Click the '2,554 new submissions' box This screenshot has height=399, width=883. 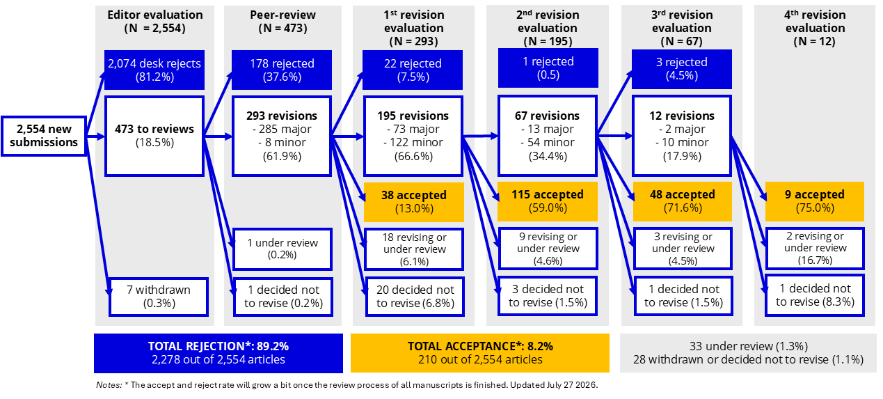[x=44, y=136]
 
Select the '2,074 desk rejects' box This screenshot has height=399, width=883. [x=154, y=70]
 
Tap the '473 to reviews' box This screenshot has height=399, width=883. [x=154, y=136]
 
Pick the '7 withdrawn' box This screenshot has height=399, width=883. [x=159, y=297]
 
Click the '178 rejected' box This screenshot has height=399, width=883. [x=282, y=70]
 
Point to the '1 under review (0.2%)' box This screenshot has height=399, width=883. [x=283, y=249]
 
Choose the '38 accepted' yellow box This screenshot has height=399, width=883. [x=413, y=202]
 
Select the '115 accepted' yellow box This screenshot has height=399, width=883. [x=548, y=201]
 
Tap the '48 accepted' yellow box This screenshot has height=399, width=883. [x=683, y=201]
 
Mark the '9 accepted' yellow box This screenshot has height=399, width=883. [x=815, y=201]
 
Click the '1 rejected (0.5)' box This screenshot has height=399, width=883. [x=548, y=68]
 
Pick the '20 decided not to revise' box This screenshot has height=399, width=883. [x=415, y=297]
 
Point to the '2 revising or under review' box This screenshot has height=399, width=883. [x=815, y=248]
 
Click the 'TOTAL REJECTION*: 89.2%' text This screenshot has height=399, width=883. [x=218, y=346]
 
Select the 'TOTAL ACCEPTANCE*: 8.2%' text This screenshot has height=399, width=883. [x=480, y=346]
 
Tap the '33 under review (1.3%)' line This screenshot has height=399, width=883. [x=748, y=346]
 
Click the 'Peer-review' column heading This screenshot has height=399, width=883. [x=283, y=15]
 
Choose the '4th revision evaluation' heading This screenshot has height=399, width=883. [x=815, y=22]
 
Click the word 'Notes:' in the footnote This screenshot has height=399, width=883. [x=109, y=385]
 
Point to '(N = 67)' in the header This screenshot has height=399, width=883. [x=682, y=41]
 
